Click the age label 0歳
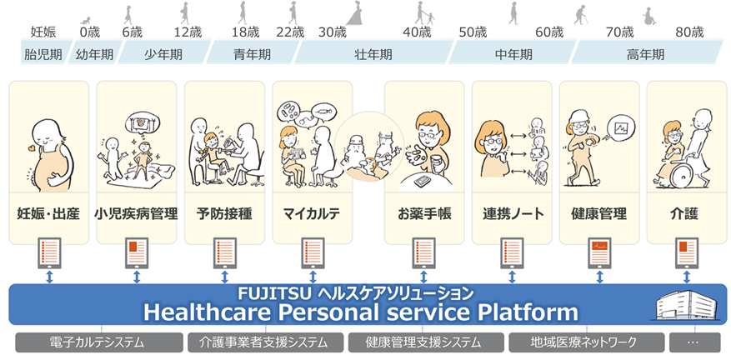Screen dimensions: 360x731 point(89,32)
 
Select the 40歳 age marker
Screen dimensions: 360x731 point(417,32)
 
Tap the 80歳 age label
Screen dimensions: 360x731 point(689,32)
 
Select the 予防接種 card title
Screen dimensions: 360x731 point(224,214)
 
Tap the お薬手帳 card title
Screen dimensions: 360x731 point(424,214)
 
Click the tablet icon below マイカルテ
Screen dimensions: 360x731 point(312,252)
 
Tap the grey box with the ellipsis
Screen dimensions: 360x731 point(694,342)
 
